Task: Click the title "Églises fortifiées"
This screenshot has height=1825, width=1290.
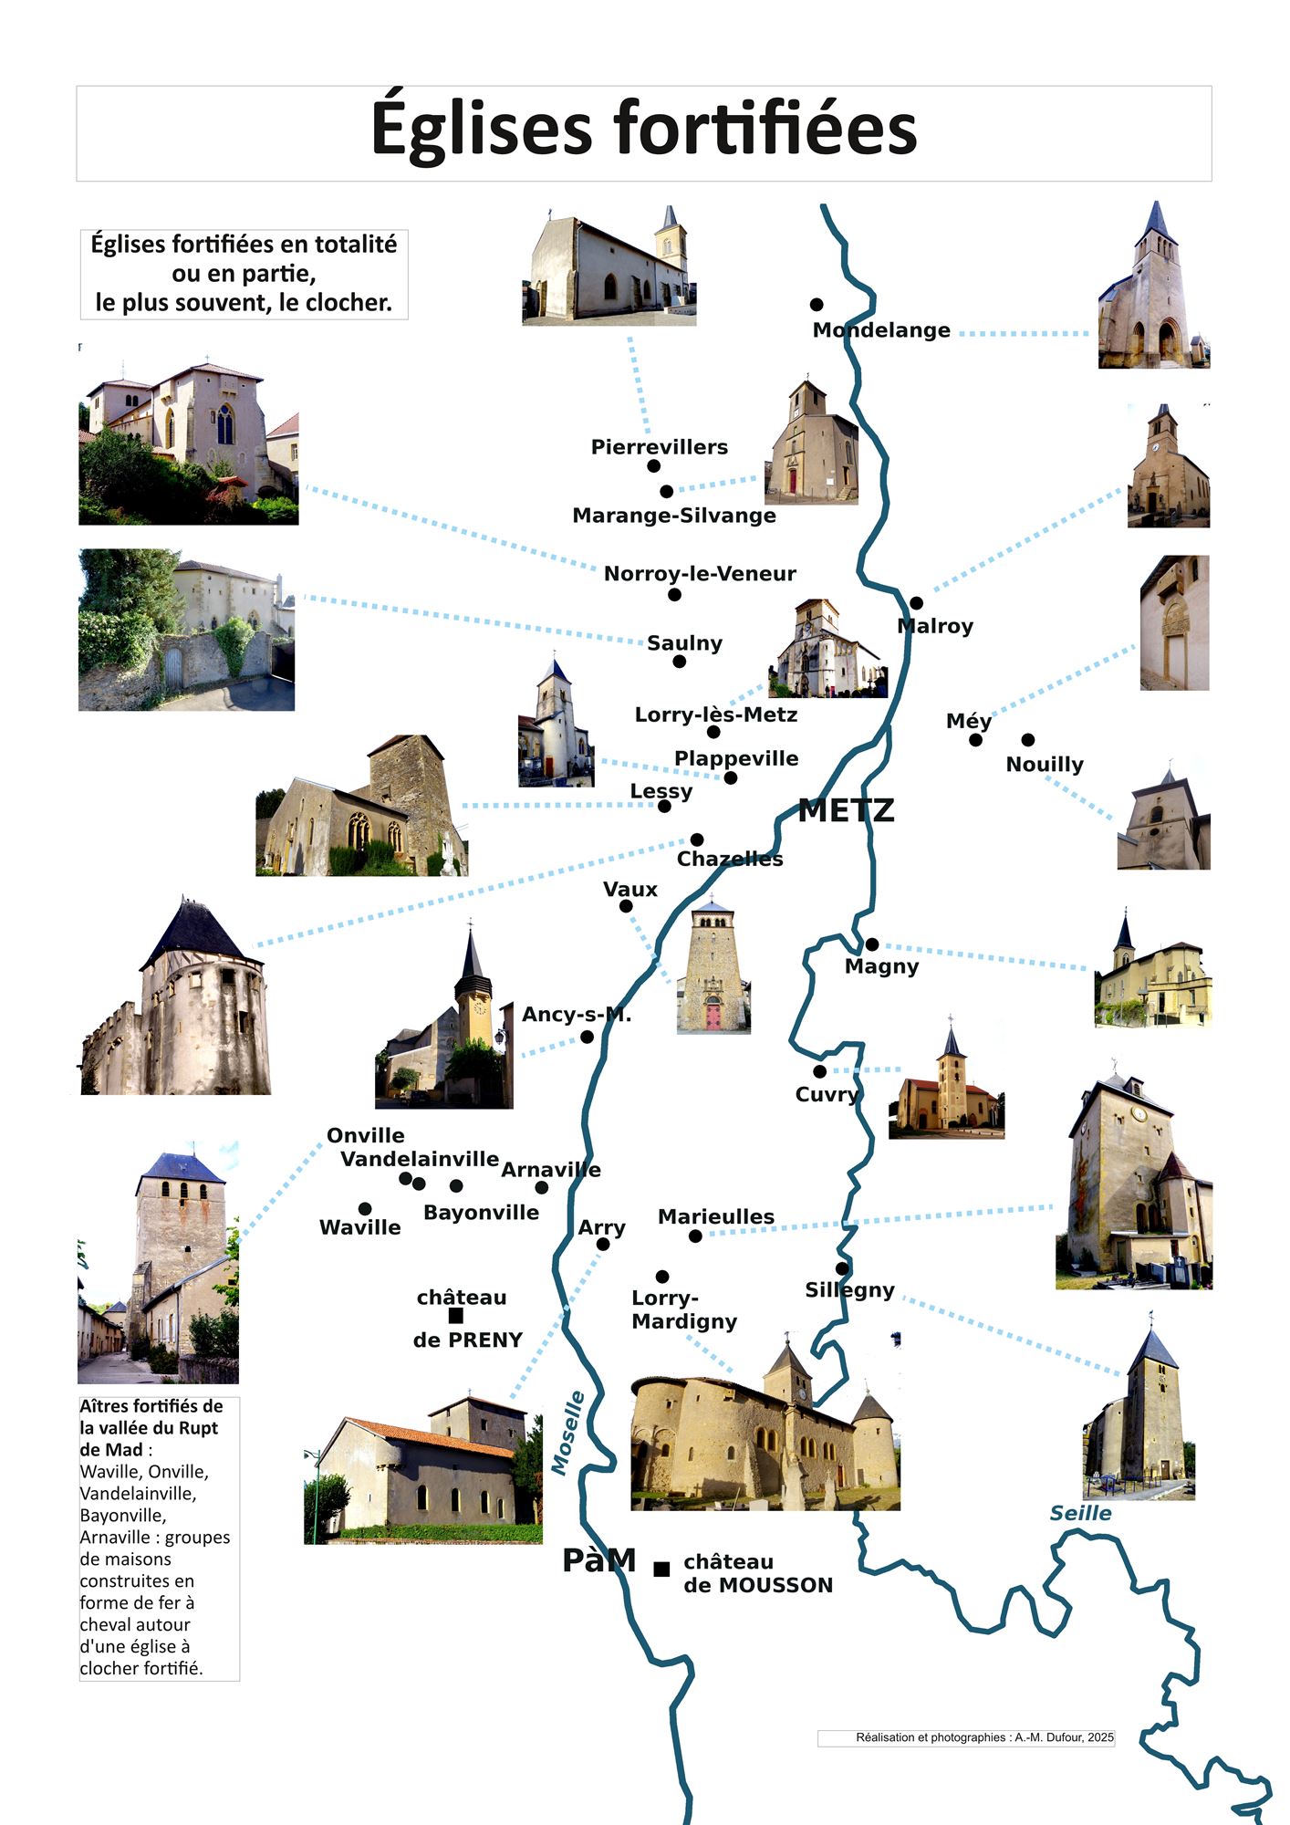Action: click(643, 130)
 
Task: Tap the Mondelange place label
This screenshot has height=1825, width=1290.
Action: click(881, 330)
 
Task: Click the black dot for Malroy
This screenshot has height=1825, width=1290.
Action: click(916, 603)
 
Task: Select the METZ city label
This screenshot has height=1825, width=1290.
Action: click(846, 810)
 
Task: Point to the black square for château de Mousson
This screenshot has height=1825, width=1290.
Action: click(661, 1569)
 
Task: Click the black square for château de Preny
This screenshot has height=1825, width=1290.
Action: click(456, 1316)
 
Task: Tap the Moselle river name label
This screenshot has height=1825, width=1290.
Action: click(567, 1433)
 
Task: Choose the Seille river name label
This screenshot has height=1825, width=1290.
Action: click(1080, 1513)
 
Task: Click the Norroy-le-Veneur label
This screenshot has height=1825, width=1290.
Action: click(700, 574)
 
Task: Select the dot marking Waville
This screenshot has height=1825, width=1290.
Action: click(365, 1209)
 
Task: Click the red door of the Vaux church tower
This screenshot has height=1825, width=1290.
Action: click(713, 1013)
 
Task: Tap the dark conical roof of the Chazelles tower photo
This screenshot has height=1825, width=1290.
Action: click(193, 935)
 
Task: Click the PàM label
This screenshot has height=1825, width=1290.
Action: click(598, 1560)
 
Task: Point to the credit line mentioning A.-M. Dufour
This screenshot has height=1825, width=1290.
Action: click(984, 1737)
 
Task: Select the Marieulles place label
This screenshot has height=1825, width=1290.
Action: click(716, 1216)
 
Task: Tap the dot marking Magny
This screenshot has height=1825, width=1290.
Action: click(872, 944)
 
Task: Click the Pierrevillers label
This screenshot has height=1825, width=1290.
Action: click(660, 447)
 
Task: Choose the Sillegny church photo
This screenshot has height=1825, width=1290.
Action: click(1139, 1410)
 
